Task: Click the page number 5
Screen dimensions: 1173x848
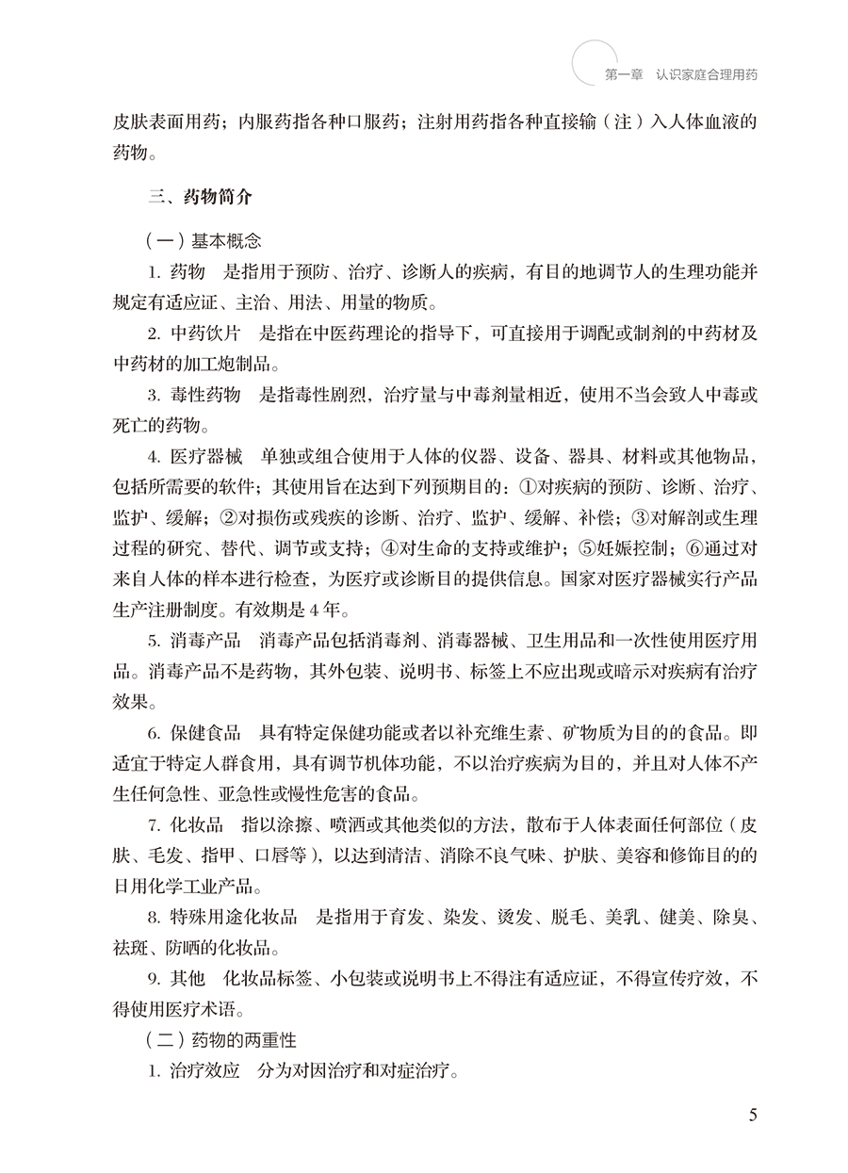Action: coord(752,1116)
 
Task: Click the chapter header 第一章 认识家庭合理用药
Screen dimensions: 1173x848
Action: coord(680,73)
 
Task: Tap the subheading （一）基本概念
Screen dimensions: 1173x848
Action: coord(203,240)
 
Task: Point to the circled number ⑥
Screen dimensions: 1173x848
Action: coord(693,548)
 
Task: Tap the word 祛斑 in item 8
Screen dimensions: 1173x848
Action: coord(129,948)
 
